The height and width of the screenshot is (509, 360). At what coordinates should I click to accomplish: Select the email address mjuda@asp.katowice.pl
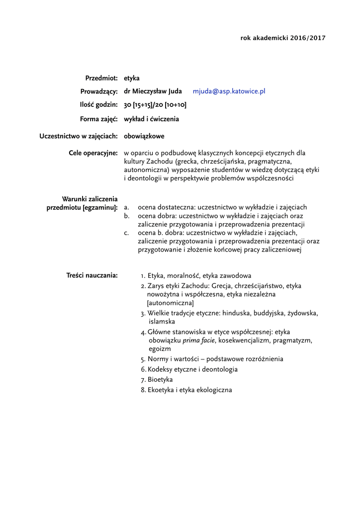tap(229, 91)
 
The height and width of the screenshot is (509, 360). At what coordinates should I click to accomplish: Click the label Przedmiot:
tap(101, 78)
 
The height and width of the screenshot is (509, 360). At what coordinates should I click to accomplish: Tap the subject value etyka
tap(132, 78)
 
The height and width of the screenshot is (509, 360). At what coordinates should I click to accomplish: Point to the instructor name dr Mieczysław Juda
tap(153, 91)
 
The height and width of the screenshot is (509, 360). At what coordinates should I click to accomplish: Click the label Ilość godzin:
tap(99, 105)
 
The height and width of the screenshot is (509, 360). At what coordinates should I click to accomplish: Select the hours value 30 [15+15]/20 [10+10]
tap(155, 105)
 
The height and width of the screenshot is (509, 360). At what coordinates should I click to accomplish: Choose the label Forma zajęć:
tap(98, 119)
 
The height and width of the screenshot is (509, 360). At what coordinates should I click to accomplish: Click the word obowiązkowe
tap(144, 136)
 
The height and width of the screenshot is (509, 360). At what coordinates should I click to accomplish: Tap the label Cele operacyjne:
tap(93, 153)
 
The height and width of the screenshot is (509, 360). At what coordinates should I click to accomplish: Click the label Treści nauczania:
tap(92, 275)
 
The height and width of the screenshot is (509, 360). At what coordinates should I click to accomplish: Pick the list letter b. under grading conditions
tap(127, 216)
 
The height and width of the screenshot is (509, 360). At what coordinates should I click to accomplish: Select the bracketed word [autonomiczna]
tap(170, 303)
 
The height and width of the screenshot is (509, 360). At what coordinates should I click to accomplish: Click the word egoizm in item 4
tap(159, 349)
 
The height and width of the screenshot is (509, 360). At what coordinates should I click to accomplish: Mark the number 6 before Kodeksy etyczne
tap(143, 369)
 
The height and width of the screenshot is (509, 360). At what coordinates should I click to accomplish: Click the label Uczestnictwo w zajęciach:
tap(79, 136)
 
